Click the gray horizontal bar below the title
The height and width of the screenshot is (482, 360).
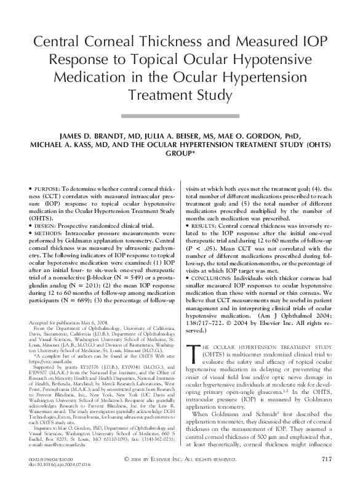[180, 115]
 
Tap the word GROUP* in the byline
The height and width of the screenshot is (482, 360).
[180, 156]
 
